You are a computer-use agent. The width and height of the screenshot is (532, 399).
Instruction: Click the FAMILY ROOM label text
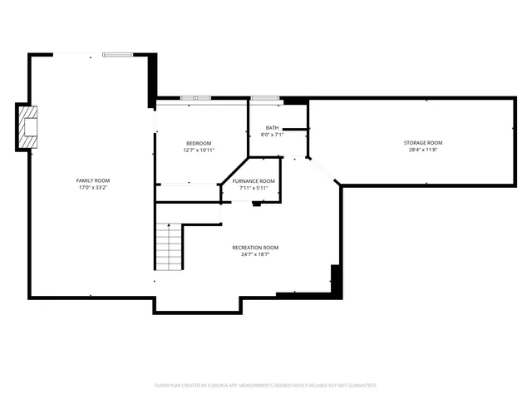click(x=93, y=180)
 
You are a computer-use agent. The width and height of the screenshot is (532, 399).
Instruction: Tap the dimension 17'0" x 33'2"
click(x=93, y=187)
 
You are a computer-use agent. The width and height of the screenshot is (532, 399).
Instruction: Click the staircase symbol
click(x=169, y=248)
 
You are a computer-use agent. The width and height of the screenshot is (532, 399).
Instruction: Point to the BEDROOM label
click(x=199, y=144)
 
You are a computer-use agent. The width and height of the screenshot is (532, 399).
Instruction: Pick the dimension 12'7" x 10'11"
click(x=199, y=150)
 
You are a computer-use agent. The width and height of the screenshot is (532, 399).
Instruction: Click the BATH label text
click(x=272, y=127)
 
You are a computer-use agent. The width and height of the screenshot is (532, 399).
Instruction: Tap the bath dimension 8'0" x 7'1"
click(x=272, y=134)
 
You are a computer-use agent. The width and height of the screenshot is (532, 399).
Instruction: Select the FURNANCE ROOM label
click(x=254, y=181)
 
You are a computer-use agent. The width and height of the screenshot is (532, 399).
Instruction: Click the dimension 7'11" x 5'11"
click(x=254, y=188)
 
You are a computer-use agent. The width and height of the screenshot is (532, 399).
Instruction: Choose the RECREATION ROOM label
click(x=254, y=248)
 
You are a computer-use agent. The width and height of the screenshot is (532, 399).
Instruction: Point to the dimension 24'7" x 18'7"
click(x=254, y=254)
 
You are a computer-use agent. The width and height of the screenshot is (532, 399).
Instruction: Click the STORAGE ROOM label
click(x=424, y=143)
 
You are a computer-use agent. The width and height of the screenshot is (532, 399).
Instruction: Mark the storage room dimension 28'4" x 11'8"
click(x=424, y=150)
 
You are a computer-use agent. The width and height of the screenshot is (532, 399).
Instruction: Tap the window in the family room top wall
click(x=117, y=55)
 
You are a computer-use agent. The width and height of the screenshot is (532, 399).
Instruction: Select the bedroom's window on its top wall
click(x=195, y=98)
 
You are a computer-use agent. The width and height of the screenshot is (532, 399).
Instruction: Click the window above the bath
click(x=264, y=98)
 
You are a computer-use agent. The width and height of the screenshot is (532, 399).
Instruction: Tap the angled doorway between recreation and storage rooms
click(x=325, y=170)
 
